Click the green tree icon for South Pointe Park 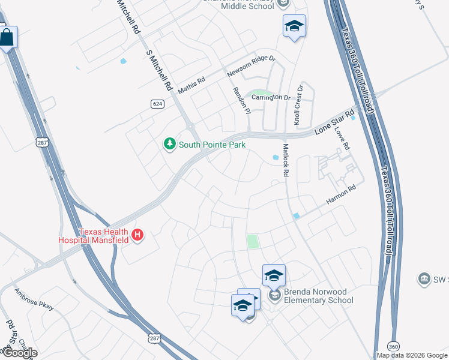coord(170,144)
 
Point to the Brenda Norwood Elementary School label coord(318,296)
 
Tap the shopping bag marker coord(7,38)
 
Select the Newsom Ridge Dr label coord(251,66)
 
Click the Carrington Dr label coord(271,97)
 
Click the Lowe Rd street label coord(342,138)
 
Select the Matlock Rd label coord(286,160)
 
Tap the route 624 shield coord(157,104)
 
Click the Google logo coord(19,353)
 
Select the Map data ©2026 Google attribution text coord(412,355)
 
